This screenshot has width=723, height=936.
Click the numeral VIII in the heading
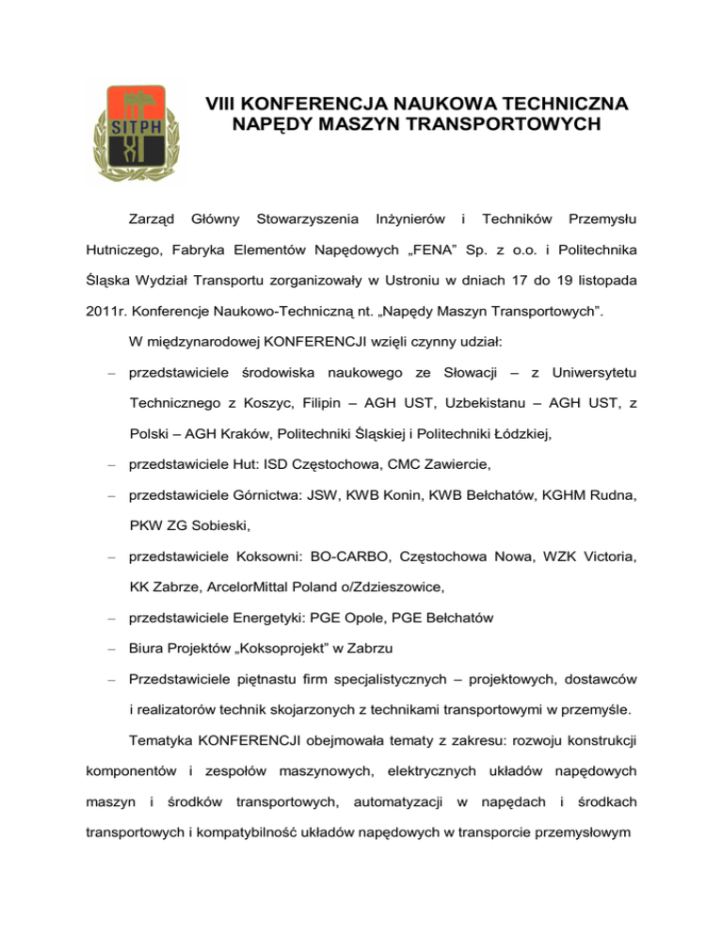[x=224, y=104]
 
